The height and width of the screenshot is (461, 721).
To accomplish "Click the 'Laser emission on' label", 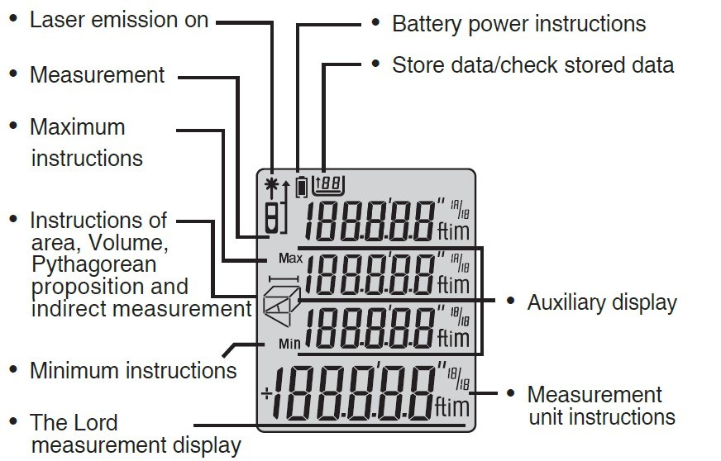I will click(119, 20).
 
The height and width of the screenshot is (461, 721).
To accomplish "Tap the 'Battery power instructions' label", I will click(518, 23).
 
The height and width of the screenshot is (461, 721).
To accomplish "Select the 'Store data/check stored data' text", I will click(532, 64).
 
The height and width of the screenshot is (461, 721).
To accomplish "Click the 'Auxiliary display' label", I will click(601, 302).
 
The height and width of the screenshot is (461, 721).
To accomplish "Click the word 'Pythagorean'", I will click(93, 265).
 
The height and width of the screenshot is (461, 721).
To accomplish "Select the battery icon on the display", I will click(302, 186).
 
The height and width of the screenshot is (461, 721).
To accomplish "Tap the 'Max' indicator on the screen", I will click(290, 259).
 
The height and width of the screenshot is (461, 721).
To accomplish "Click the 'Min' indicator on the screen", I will click(289, 343).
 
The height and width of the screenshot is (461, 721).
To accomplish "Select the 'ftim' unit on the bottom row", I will click(453, 406).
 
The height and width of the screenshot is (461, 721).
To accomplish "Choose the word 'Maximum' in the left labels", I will click(78, 127).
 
